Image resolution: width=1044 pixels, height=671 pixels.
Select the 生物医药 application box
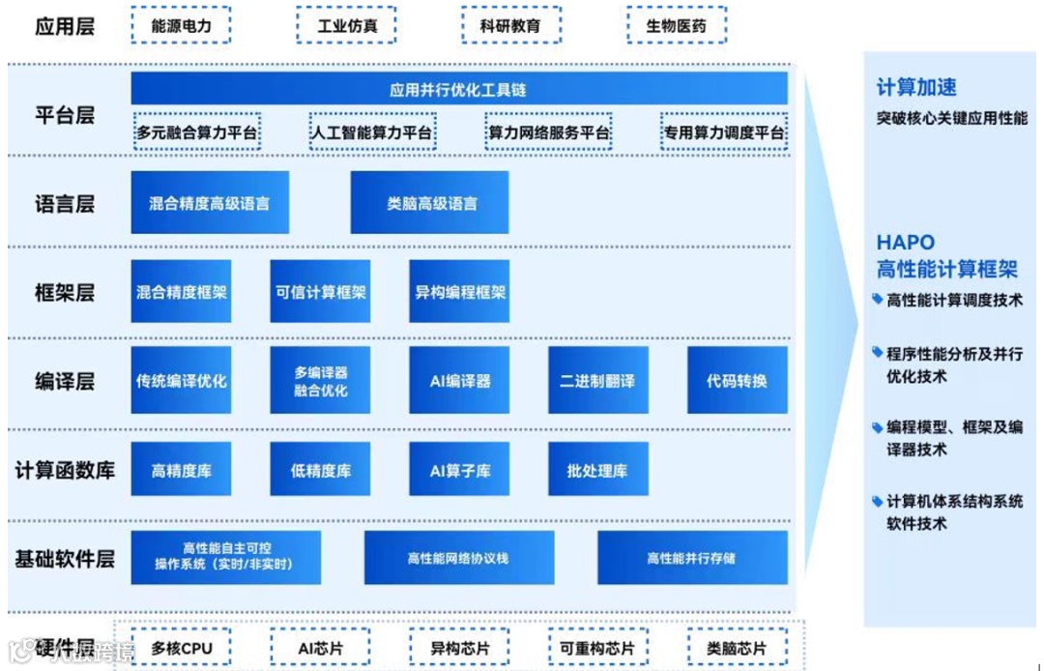[676, 26]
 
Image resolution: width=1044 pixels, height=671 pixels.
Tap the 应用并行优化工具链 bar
[459, 90]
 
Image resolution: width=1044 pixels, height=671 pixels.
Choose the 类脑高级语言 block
[431, 204]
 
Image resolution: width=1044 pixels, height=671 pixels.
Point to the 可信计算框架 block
[320, 291]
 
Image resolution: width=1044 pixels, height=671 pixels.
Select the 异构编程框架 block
[460, 291]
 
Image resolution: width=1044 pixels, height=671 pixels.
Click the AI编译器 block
[460, 380]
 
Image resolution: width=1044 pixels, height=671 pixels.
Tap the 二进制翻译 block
[597, 380]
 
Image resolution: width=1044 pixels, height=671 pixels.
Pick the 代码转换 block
[737, 380]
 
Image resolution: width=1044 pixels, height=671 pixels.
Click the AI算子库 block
[460, 471]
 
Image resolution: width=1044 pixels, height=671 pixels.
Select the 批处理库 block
[597, 471]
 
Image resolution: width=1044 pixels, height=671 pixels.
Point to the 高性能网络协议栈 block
[458, 558]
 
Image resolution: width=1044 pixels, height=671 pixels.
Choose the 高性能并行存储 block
[691, 558]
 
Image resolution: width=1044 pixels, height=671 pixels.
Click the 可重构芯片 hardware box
[597, 648]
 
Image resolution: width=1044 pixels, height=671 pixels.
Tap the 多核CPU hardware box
[181, 648]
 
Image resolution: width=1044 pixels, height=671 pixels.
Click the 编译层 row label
[65, 381]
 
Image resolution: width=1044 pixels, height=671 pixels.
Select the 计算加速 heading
[915, 88]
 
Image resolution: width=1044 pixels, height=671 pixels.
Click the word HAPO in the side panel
[906, 243]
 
